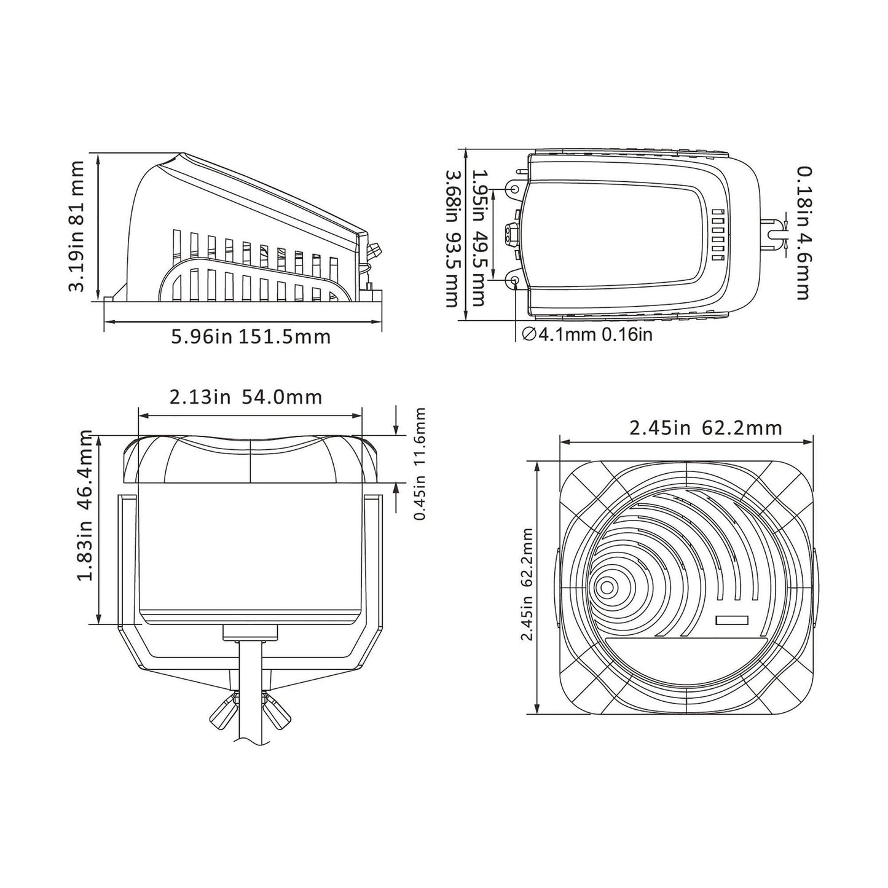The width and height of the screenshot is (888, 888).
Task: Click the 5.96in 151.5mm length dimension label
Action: point(250,336)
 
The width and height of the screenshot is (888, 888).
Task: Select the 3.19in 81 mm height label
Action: point(77,226)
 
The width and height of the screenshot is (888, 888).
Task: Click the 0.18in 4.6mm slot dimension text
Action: point(801,233)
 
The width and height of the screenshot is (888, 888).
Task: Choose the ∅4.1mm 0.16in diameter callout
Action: point(586,334)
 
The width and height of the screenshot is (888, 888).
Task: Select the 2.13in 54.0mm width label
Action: point(246,397)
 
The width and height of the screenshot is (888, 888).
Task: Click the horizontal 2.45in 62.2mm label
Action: point(705,427)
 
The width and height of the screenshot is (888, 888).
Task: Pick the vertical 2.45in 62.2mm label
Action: point(526,584)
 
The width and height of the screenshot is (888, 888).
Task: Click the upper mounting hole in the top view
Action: point(514,190)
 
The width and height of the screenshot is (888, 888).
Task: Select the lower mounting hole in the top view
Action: point(514,281)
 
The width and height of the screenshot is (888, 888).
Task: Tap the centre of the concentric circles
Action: point(607,588)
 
